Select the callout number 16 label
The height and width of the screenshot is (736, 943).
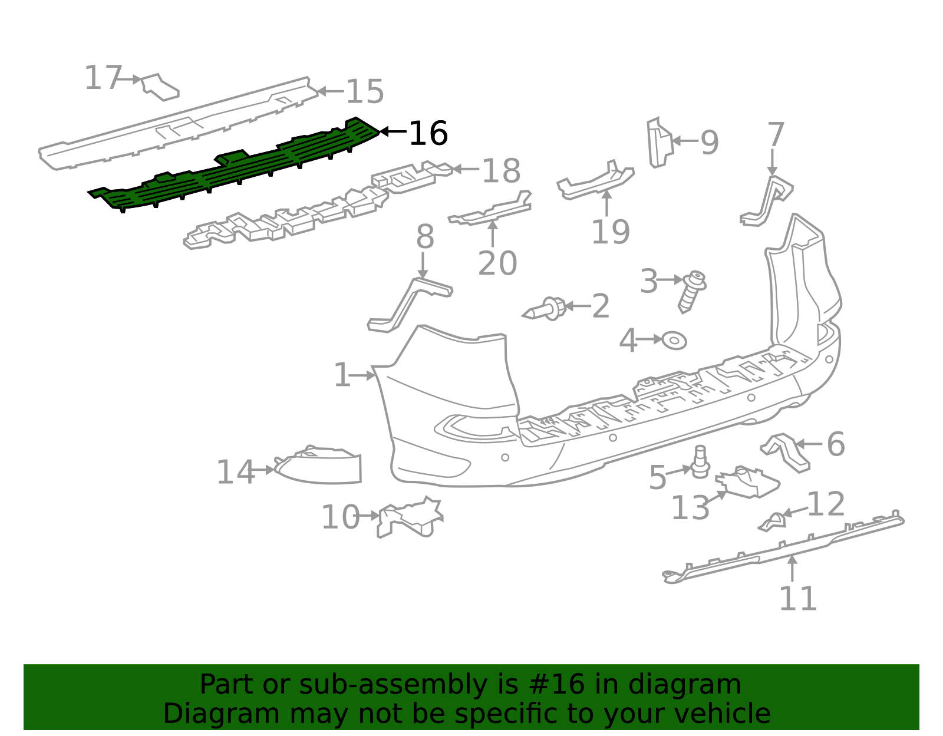point(428,134)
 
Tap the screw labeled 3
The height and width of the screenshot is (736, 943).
point(692,290)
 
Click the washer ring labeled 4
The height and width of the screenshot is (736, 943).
point(674,341)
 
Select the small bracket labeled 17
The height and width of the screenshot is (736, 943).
point(159,87)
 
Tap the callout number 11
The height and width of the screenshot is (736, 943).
point(798,598)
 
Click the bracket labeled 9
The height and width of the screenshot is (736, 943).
point(659,142)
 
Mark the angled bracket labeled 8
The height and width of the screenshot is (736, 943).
point(408,303)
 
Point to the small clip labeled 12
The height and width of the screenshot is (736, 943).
point(773,521)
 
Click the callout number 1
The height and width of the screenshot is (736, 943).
point(342,375)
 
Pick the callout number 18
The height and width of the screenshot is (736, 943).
point(501,171)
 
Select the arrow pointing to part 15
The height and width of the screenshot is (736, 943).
point(330,91)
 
